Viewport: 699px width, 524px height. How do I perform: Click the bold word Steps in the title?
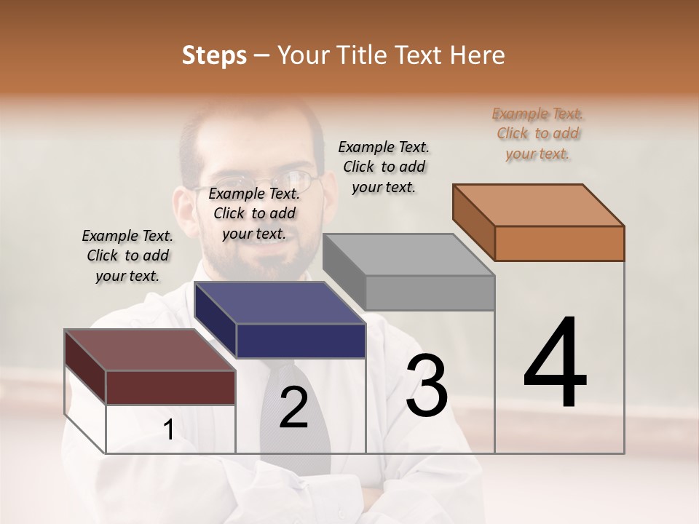tap(214, 55)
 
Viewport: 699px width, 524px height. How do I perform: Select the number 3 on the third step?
tap(427, 386)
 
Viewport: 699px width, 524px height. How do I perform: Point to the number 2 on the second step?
tap(294, 408)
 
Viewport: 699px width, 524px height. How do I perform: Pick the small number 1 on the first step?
tap(168, 430)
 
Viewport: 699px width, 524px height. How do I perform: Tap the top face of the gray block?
tap(408, 255)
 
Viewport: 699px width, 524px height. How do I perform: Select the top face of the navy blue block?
tap(280, 302)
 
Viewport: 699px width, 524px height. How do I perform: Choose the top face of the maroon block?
tap(150, 350)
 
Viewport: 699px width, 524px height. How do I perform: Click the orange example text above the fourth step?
tap(537, 133)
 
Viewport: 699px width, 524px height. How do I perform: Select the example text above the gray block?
tap(384, 167)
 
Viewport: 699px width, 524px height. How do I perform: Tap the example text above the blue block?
tap(254, 213)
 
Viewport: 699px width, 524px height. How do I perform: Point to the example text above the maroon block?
tap(127, 255)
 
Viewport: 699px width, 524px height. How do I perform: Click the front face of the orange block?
tap(559, 243)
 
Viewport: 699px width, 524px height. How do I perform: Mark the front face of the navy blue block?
tap(301, 341)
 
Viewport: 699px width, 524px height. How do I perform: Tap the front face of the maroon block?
tap(170, 386)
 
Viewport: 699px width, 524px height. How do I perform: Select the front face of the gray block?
tap(430, 293)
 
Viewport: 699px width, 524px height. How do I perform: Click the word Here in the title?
tap(478, 55)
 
